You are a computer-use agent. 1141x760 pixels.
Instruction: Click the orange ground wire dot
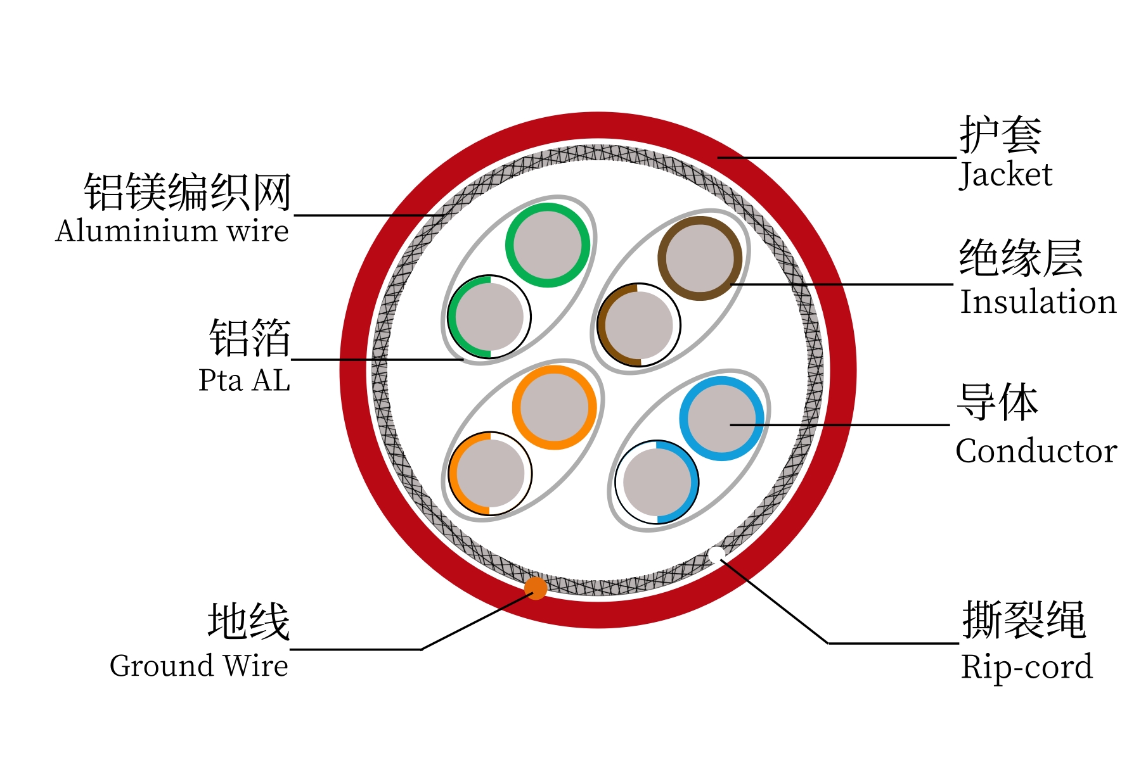click(x=536, y=588)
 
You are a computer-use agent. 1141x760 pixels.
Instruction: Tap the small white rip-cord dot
click(x=717, y=555)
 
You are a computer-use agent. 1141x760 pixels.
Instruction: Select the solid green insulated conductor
click(x=548, y=245)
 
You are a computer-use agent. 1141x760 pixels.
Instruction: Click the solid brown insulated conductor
click(x=700, y=258)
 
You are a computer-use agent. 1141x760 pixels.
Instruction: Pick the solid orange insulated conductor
click(x=555, y=407)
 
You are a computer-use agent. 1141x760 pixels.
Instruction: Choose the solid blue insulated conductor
click(x=721, y=419)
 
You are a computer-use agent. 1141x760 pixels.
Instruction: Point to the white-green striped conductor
click(x=489, y=317)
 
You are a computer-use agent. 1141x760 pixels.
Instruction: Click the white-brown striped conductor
click(x=639, y=325)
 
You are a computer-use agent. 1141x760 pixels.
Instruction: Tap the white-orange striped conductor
click(x=490, y=474)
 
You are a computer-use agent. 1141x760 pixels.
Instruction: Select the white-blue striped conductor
click(x=657, y=482)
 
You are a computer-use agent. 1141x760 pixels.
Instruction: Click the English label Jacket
click(x=1006, y=175)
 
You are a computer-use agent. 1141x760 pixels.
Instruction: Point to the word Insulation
click(x=1038, y=301)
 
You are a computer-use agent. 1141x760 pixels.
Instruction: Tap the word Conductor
click(x=1036, y=451)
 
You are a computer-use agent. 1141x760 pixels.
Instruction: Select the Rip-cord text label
click(x=1026, y=667)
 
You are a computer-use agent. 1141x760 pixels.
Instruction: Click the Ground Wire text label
click(x=199, y=666)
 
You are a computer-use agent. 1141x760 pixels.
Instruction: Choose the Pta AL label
click(x=244, y=380)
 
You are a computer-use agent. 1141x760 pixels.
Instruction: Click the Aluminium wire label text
click(x=172, y=231)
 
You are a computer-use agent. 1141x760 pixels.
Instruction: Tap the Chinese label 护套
click(x=1000, y=135)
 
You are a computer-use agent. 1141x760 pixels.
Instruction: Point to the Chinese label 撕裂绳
click(x=1024, y=620)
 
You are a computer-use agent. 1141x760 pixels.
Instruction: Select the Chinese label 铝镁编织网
click(x=188, y=192)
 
